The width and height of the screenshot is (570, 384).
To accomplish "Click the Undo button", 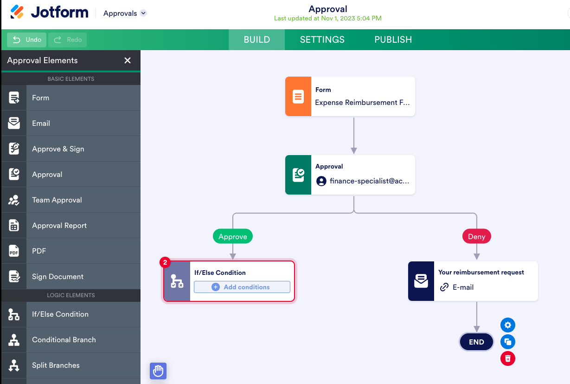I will tap(27, 40).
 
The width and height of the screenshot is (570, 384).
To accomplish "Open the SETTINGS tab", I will tap(322, 40).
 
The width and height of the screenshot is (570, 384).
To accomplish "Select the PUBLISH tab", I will tap(393, 40).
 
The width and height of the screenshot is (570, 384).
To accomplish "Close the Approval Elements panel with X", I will tap(128, 60).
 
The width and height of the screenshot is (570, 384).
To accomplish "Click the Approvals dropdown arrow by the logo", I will tap(143, 13).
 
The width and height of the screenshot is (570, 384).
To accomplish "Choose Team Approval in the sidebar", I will tap(57, 200).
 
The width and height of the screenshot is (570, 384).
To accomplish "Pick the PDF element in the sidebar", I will tap(39, 251).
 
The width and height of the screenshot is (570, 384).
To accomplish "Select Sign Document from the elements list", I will tap(58, 277).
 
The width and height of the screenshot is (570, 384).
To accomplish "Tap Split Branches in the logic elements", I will tap(56, 365).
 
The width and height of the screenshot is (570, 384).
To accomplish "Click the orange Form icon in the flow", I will tap(298, 97).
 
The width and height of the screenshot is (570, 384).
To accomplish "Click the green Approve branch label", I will tap(233, 237).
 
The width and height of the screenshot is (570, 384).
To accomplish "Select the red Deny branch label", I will tap(476, 237).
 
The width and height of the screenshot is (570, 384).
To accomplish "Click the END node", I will tap(476, 342).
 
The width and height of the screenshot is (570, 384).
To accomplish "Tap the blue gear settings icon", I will tap(508, 325).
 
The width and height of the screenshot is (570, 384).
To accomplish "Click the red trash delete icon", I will tap(508, 358).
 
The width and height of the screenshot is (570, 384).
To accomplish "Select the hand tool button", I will tap(158, 371).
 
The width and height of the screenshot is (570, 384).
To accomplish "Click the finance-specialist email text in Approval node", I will tap(369, 181).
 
